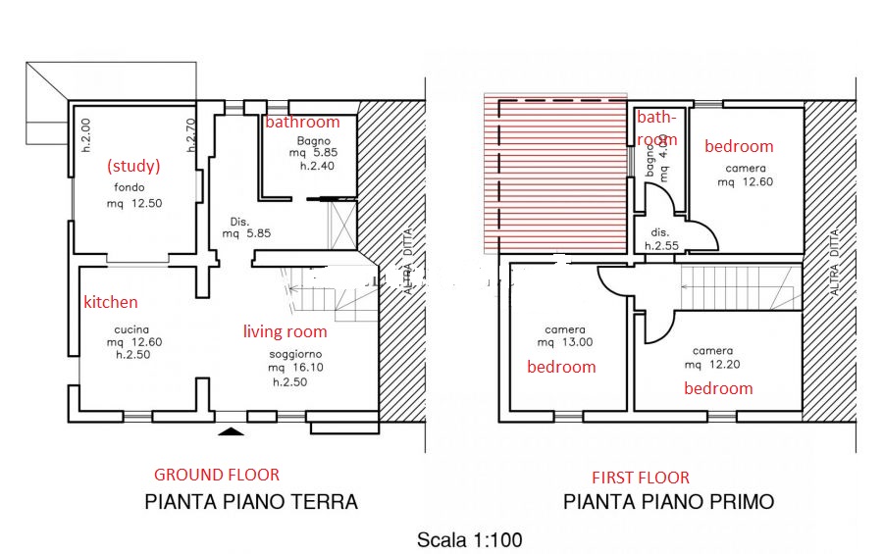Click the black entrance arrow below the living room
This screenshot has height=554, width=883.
[x=231, y=431]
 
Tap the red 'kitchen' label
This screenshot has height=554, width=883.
[x=111, y=302]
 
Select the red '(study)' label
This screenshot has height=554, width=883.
[x=133, y=166]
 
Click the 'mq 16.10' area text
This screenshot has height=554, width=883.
[x=295, y=368]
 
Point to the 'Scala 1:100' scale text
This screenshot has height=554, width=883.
[x=470, y=540]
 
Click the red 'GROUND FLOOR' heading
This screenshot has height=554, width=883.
[x=217, y=475]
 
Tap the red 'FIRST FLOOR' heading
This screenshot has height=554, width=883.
[x=641, y=478]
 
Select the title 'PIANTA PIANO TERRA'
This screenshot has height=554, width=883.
[x=251, y=502]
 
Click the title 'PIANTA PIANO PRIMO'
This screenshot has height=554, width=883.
[x=669, y=502]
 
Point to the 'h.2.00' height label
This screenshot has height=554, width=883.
[x=85, y=135]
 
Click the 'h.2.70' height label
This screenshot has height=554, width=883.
[x=191, y=135]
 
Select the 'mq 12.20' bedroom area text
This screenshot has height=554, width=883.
[x=712, y=364]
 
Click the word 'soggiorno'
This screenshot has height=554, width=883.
[x=295, y=355]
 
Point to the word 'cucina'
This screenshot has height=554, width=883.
[x=131, y=329]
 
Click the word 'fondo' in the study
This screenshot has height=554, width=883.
[x=130, y=187]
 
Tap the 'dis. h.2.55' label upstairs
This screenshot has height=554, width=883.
[x=661, y=239]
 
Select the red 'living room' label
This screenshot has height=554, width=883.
[x=285, y=331]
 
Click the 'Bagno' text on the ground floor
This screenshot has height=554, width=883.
[x=314, y=141]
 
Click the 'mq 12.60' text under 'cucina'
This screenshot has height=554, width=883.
[x=134, y=342]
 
